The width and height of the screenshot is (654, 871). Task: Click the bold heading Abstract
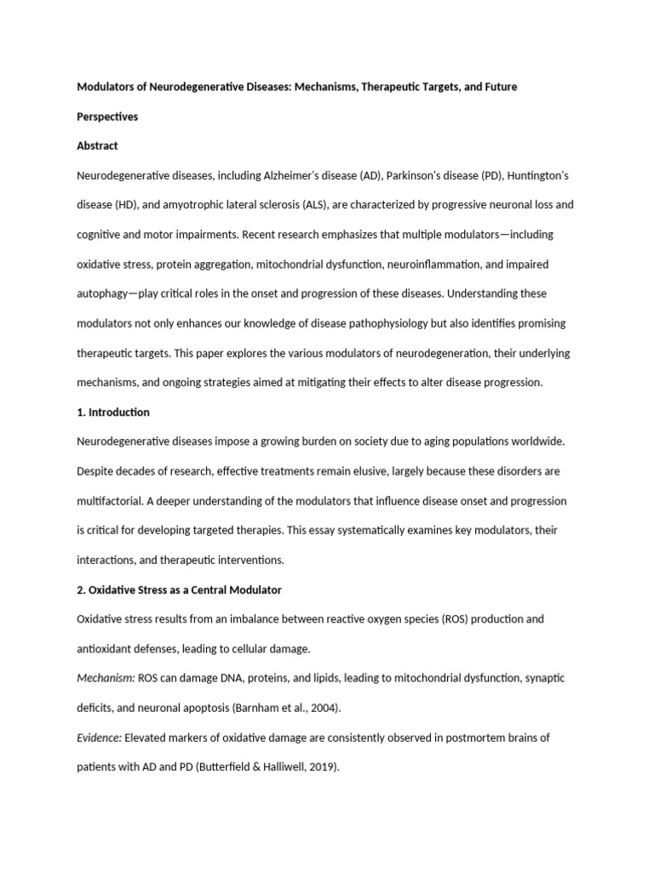point(98,146)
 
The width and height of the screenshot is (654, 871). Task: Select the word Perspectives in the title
point(107,117)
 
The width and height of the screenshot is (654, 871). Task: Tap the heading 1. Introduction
point(113,412)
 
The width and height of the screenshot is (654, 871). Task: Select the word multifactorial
point(112,501)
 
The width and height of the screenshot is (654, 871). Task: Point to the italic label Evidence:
point(100,737)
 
